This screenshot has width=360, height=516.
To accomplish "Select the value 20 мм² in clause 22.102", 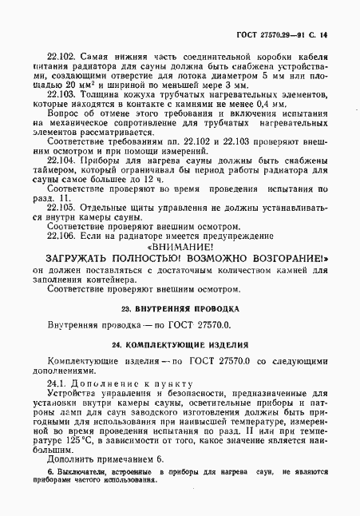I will [64, 82].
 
